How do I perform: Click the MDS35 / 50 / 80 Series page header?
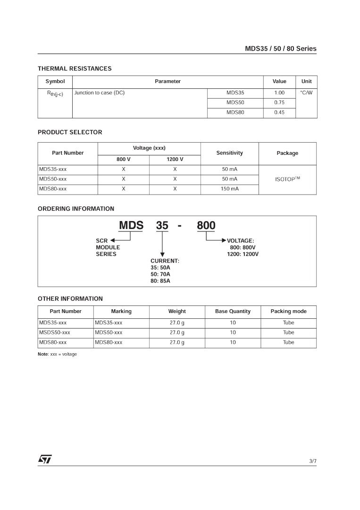point(280,49)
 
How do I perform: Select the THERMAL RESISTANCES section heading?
point(75,68)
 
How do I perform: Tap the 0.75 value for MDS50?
point(279,102)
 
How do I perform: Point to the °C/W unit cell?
point(306,93)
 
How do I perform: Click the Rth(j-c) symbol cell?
point(55,93)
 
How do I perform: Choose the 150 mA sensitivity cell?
point(229,189)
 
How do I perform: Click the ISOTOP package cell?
point(287,179)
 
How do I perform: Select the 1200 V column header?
point(175,160)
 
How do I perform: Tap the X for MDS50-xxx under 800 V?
point(123,179)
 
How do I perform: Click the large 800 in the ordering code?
point(206,226)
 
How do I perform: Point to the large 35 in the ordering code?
point(162,226)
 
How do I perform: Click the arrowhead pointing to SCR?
point(113,241)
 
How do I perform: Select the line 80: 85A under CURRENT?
point(160,281)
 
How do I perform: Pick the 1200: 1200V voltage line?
point(243,254)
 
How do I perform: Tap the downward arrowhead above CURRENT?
point(162,255)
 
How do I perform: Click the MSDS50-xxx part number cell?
point(55,332)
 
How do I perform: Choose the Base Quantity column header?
point(233,312)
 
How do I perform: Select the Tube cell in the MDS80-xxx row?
point(288,342)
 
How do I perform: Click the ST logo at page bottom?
point(45,459)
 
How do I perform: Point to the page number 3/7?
point(313,461)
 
